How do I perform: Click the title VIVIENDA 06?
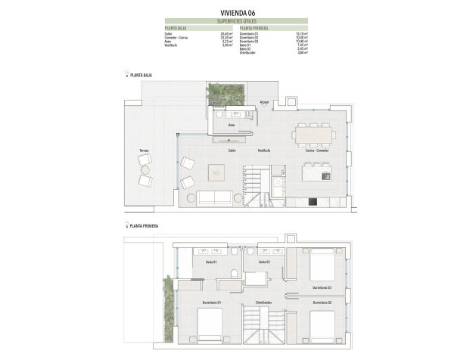coord(238,13)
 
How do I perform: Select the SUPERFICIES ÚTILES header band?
coord(238,21)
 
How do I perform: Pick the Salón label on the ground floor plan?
coord(222,151)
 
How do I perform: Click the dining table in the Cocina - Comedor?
coord(314,133)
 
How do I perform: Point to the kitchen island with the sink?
coord(315,174)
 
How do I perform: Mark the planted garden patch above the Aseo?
coord(222,95)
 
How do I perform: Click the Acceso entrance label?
coord(265,101)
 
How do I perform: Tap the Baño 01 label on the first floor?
coord(211,262)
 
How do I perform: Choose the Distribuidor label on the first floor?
coord(263,302)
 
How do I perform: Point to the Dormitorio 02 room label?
coord(322,302)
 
